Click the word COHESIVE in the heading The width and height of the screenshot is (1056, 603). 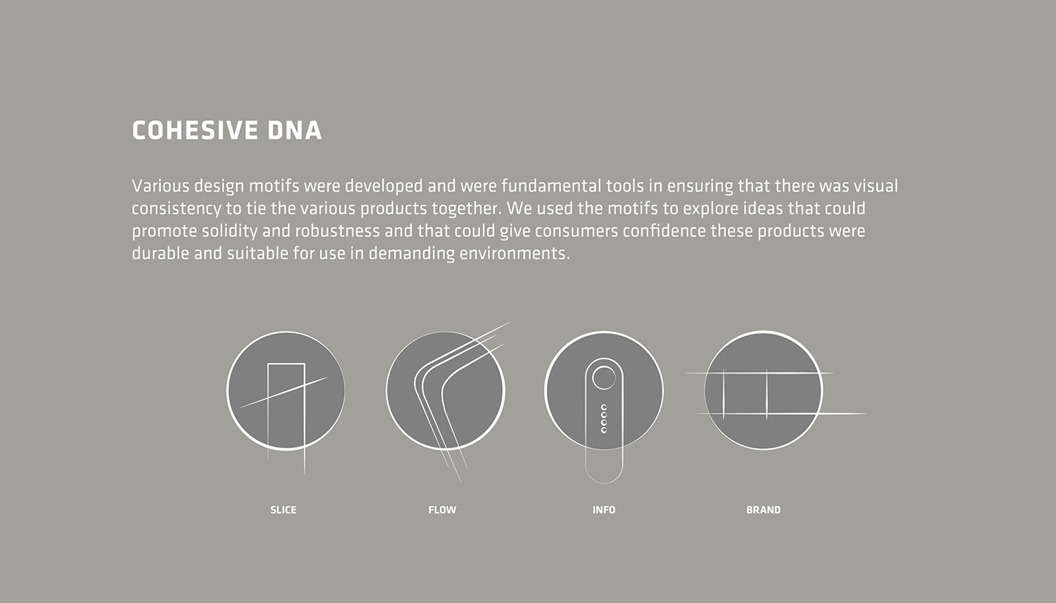pyautogui.click(x=195, y=131)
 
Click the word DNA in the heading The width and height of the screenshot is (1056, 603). pyautogui.click(x=295, y=131)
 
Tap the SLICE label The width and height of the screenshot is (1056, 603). pyautogui.click(x=284, y=509)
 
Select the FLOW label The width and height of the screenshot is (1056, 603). pyautogui.click(x=442, y=509)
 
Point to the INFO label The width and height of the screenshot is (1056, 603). pyautogui.click(x=604, y=509)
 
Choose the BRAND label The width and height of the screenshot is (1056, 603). pyautogui.click(x=763, y=509)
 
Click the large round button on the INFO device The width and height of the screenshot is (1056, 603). pyautogui.click(x=604, y=378)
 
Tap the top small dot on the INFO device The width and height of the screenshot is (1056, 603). pyautogui.click(x=604, y=408)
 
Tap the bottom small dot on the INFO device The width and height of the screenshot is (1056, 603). pyautogui.click(x=604, y=430)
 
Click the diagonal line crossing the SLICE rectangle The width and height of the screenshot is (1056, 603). pyautogui.click(x=284, y=392)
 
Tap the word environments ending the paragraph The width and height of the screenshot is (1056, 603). pyautogui.click(x=514, y=254)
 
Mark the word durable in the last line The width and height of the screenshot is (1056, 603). pyautogui.click(x=161, y=254)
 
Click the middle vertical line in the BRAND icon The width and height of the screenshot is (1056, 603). pyautogui.click(x=766, y=395)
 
